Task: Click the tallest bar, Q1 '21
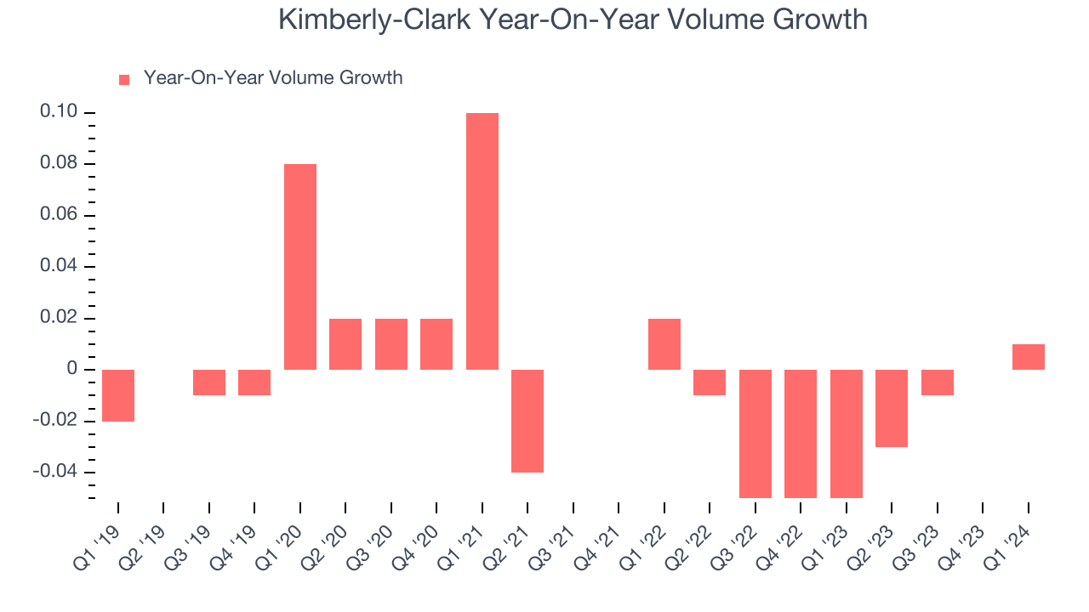[482, 241]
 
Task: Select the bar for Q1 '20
[300, 267]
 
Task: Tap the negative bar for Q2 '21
[527, 421]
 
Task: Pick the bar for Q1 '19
[118, 395]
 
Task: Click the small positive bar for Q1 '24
[1029, 357]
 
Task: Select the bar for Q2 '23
[892, 408]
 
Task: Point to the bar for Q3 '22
[755, 433]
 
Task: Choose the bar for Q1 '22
[664, 344]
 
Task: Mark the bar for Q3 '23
[938, 382]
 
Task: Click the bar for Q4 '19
[254, 382]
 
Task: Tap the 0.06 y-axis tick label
[59, 215]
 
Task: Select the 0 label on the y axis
[73, 370]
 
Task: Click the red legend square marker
[124, 80]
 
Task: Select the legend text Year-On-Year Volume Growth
[273, 78]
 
